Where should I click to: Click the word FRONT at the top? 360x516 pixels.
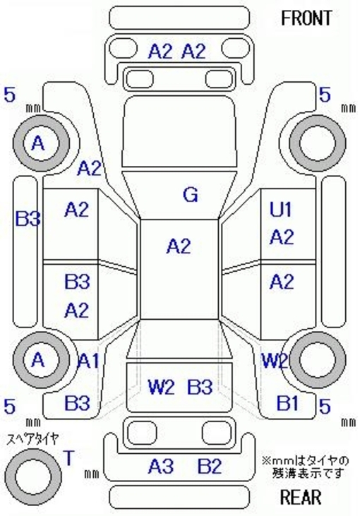(306, 18)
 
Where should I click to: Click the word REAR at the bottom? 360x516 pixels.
(301, 497)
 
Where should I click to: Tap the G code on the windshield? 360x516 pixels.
(191, 195)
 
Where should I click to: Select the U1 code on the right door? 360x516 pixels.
(281, 210)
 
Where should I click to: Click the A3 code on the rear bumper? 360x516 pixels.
(161, 467)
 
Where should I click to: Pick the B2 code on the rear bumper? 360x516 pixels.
(210, 467)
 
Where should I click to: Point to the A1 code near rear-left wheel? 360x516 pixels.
(88, 361)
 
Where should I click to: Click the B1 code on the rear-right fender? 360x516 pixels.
(287, 403)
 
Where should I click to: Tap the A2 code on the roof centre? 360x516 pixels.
(179, 246)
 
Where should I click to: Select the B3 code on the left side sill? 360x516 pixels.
(28, 219)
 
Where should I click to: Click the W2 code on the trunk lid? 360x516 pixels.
(161, 387)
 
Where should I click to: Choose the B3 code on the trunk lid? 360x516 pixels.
(200, 387)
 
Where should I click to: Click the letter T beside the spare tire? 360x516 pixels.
(68, 457)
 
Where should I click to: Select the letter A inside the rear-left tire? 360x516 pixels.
(38, 360)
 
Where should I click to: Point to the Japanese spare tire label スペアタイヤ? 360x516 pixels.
(33, 439)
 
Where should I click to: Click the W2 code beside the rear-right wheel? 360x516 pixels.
(275, 361)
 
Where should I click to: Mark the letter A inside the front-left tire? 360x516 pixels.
(38, 143)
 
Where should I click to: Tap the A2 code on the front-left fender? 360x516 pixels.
(89, 169)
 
